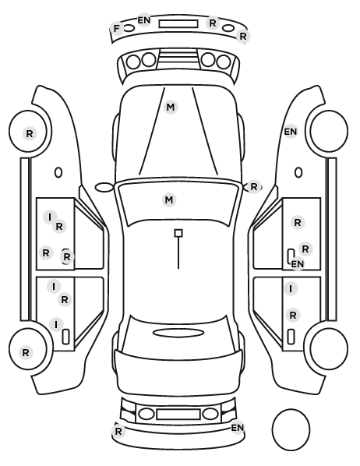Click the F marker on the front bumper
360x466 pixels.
(117, 29)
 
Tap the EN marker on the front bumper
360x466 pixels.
(144, 20)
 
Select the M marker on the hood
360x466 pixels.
(171, 107)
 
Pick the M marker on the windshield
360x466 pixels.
(169, 199)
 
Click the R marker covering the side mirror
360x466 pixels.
(253, 187)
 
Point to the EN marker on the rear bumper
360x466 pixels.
(237, 428)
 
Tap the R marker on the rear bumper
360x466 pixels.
(118, 431)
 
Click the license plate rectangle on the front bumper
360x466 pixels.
(178, 24)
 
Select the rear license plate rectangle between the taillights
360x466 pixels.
(178, 415)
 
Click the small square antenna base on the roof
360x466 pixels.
(178, 233)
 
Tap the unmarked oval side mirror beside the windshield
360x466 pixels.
(104, 188)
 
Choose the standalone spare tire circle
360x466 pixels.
(291, 429)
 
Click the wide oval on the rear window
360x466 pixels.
(178, 333)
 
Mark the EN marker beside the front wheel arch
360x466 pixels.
(291, 132)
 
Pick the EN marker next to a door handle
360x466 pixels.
(298, 263)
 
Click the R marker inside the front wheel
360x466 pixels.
(30, 134)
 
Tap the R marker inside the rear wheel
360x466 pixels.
(26, 353)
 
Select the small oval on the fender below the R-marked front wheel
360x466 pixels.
(58, 173)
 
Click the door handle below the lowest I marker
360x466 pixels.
(65, 337)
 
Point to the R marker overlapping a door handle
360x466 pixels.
(67, 257)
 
